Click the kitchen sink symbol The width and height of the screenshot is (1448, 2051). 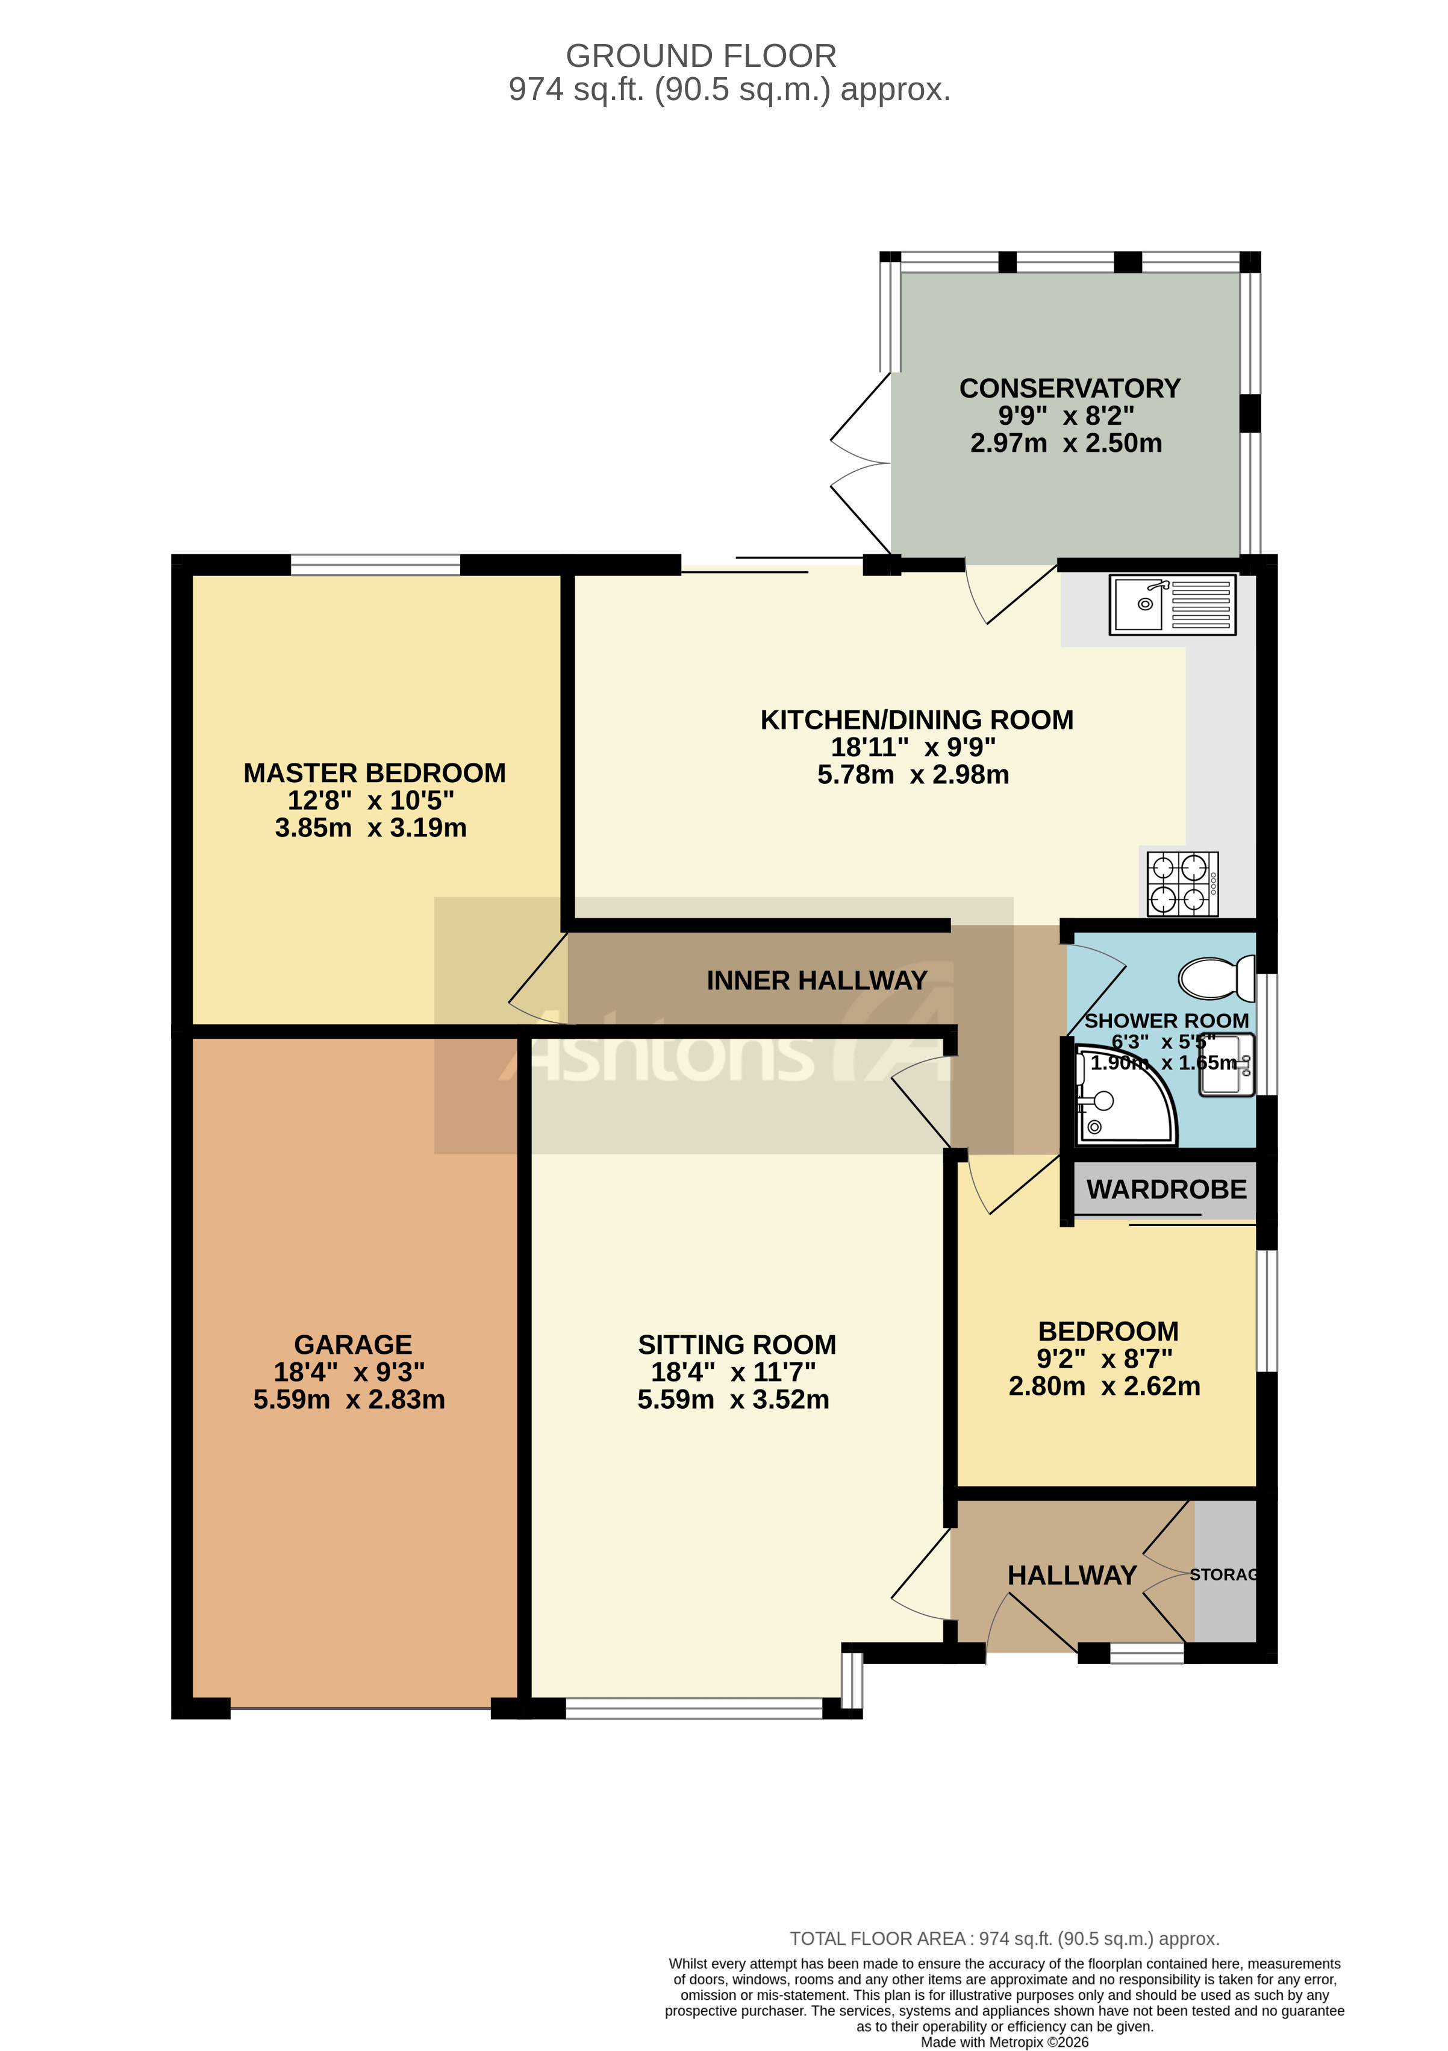pos(1172,605)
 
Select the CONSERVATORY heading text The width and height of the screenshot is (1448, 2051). pos(1069,389)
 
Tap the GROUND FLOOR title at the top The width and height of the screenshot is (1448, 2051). pos(701,56)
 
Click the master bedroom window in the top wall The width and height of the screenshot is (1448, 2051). pos(375,565)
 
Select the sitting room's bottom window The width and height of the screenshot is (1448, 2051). pos(693,1708)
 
